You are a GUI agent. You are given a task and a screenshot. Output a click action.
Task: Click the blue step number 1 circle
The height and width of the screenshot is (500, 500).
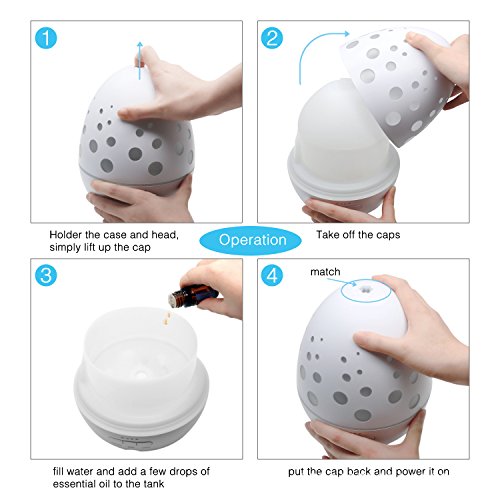[x=46, y=38]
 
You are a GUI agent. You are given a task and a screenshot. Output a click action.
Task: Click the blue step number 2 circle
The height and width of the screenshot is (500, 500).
[x=272, y=38]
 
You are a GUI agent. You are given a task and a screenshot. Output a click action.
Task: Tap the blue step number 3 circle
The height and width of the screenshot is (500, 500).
[x=46, y=275]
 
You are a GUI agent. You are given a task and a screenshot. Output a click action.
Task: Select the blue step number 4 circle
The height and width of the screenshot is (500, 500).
[x=272, y=275]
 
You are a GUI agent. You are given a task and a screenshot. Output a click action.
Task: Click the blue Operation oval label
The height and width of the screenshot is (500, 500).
[x=251, y=240]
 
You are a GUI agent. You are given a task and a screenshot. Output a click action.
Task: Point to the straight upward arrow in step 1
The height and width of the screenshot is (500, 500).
[x=140, y=61]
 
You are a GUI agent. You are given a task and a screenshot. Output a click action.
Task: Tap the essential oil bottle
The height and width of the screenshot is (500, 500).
[x=193, y=295]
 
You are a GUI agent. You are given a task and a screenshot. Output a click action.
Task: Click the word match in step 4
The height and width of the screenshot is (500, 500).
[x=325, y=272]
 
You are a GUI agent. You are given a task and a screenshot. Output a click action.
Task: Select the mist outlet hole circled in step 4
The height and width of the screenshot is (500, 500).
[x=365, y=290]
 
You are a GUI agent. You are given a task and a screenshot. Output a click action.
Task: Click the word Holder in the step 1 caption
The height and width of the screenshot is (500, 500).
[x=66, y=235]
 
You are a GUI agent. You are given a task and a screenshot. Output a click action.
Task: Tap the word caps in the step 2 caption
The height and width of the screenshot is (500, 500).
[x=388, y=236]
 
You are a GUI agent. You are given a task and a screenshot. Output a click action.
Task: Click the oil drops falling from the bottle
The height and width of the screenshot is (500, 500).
[x=166, y=317]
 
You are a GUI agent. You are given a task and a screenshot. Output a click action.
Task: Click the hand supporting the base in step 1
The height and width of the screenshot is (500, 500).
[x=142, y=200]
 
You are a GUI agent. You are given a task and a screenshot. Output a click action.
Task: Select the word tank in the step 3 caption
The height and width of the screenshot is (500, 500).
[x=154, y=484]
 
